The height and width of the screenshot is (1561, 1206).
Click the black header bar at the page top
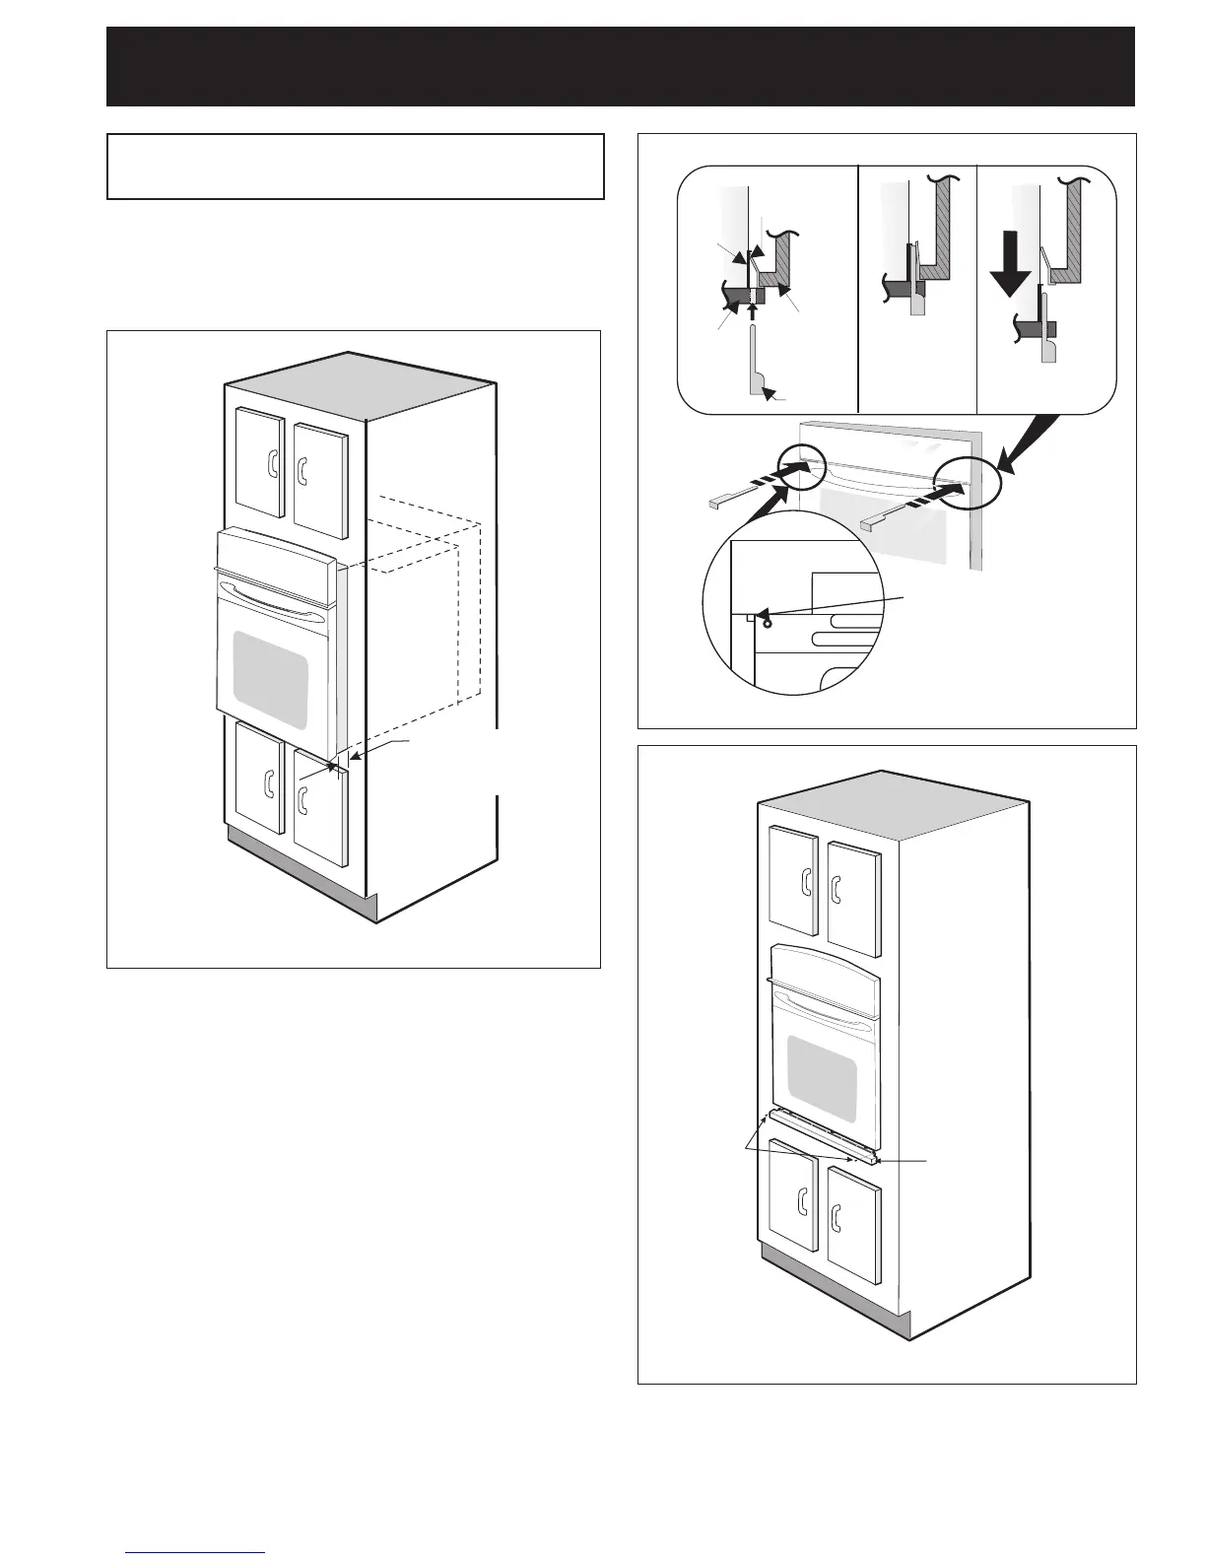[x=621, y=66]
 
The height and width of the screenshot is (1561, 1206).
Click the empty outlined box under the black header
[x=355, y=167]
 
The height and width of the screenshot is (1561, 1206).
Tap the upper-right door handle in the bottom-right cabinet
[x=837, y=887]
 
